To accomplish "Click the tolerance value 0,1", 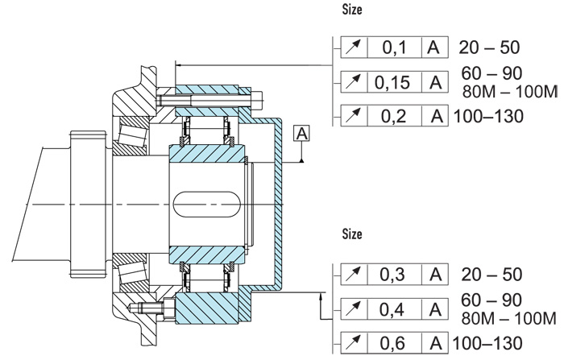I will [394, 48].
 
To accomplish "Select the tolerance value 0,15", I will [394, 81].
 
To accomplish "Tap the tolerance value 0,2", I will [394, 115].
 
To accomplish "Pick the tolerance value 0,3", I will [394, 274].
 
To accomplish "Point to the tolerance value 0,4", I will [394, 308].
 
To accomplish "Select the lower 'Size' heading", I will [353, 235].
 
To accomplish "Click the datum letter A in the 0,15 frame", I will [436, 81].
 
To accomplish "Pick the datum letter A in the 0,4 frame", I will [436, 308].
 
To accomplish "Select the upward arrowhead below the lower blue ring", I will [321, 299].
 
